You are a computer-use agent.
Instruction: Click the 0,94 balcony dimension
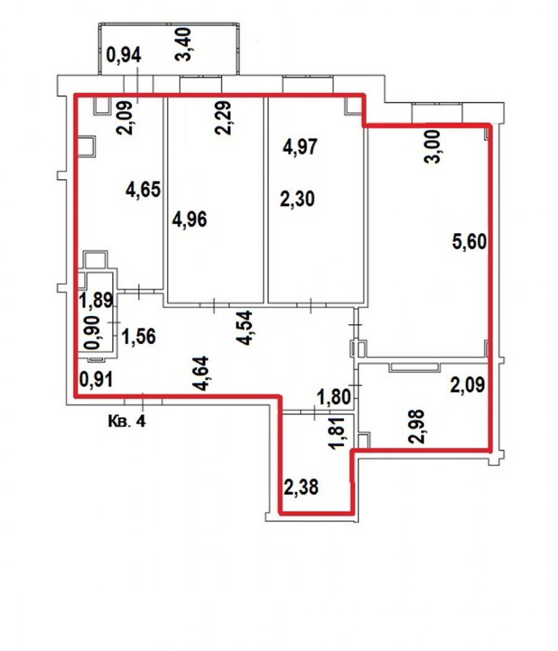pyautogui.click(x=124, y=55)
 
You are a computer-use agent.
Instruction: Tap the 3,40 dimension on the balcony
pyautogui.click(x=183, y=45)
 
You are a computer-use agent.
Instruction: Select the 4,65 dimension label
pyautogui.click(x=143, y=190)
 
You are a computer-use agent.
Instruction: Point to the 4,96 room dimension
pyautogui.click(x=190, y=219)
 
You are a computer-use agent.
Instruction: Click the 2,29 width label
pyautogui.click(x=223, y=118)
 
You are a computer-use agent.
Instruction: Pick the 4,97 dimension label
pyautogui.click(x=300, y=148)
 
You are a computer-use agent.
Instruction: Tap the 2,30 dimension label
pyautogui.click(x=297, y=199)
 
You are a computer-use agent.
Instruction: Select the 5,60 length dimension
pyautogui.click(x=469, y=242)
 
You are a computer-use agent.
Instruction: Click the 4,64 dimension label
pyautogui.click(x=200, y=374)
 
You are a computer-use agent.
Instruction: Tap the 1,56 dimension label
pyautogui.click(x=139, y=336)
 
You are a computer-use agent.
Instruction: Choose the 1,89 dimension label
pyautogui.click(x=96, y=301)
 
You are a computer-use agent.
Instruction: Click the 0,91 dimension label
pyautogui.click(x=96, y=379)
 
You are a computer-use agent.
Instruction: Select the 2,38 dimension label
pyautogui.click(x=301, y=487)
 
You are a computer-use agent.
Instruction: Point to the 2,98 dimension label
pyautogui.click(x=417, y=427)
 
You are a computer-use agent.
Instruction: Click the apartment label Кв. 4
pyautogui.click(x=127, y=422)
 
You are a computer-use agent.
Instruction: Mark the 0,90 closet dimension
pyautogui.click(x=92, y=332)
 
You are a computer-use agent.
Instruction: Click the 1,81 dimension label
pyautogui.click(x=337, y=433)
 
